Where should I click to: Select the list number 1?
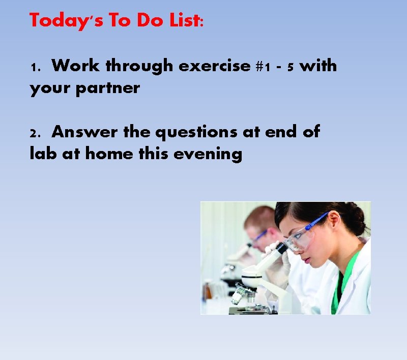[x=34, y=68]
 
